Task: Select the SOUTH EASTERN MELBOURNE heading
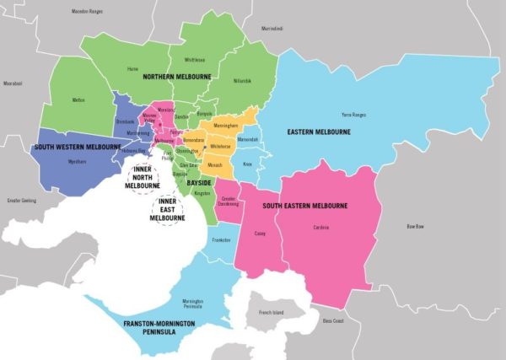[x=304, y=206]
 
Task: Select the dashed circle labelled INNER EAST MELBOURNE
[x=167, y=208]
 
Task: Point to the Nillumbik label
[x=242, y=81]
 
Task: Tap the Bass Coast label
[x=333, y=320]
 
